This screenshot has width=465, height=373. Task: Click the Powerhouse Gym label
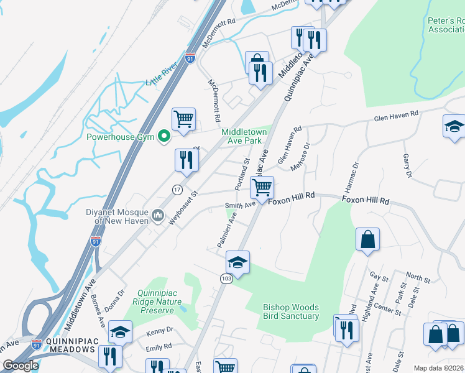(x=119, y=137)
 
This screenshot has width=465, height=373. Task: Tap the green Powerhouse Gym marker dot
(x=164, y=136)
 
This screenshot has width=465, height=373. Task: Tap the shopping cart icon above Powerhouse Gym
(x=183, y=118)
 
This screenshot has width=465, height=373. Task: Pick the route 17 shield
(x=177, y=189)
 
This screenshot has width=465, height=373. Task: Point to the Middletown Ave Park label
(x=244, y=136)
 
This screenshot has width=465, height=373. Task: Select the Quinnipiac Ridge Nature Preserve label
(x=160, y=302)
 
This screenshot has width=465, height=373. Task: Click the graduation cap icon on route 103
(x=237, y=262)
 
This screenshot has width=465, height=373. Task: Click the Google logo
(x=21, y=366)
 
